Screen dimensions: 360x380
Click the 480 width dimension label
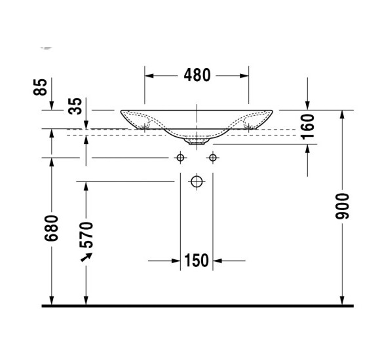point(197,75)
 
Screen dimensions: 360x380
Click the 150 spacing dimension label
point(197,261)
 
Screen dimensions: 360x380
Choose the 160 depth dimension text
point(309,126)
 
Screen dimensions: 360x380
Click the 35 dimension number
point(77,106)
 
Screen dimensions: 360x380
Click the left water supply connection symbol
point(180,158)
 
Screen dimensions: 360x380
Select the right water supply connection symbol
point(212,158)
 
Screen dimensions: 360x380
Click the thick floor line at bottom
point(197,306)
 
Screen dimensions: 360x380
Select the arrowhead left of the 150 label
point(176,261)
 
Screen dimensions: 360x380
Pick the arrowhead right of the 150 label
point(218,261)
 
